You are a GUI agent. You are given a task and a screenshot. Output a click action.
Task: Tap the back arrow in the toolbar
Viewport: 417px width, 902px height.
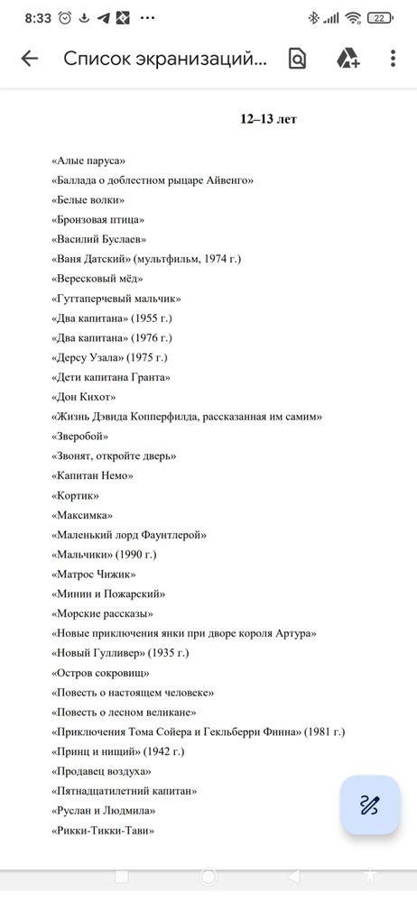point(30,59)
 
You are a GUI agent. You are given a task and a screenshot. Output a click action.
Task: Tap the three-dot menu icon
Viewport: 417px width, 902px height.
point(394,59)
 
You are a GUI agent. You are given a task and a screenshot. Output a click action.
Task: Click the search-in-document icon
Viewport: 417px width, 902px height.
point(297,59)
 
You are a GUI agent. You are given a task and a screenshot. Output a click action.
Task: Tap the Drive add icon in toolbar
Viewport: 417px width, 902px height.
point(347,59)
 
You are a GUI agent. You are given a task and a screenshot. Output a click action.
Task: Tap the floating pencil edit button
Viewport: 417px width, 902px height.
point(369,805)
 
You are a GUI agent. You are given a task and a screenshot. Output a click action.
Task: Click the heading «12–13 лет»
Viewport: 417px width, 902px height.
point(268,119)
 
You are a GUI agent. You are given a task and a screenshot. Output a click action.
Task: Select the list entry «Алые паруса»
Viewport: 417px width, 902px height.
point(88,161)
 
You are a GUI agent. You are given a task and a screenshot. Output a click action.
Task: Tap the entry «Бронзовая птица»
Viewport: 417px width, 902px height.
point(98,219)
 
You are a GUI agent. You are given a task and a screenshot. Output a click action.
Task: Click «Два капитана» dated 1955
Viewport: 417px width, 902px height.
point(112,318)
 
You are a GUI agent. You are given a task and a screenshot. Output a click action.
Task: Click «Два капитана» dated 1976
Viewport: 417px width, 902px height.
point(112,338)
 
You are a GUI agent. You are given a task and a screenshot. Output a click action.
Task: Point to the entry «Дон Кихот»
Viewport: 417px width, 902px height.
point(84,397)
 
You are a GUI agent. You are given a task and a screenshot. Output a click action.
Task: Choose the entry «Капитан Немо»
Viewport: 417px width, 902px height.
point(93,475)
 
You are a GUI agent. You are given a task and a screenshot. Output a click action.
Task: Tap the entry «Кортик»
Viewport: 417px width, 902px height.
point(76,495)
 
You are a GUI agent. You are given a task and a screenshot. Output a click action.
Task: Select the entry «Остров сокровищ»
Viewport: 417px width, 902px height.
point(100,673)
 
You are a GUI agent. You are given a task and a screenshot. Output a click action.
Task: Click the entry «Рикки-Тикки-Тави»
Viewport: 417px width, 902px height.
point(103,831)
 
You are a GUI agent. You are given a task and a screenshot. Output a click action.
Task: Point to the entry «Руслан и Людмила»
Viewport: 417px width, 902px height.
point(106,811)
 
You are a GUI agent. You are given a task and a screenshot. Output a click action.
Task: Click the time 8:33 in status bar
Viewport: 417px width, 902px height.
point(38,17)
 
